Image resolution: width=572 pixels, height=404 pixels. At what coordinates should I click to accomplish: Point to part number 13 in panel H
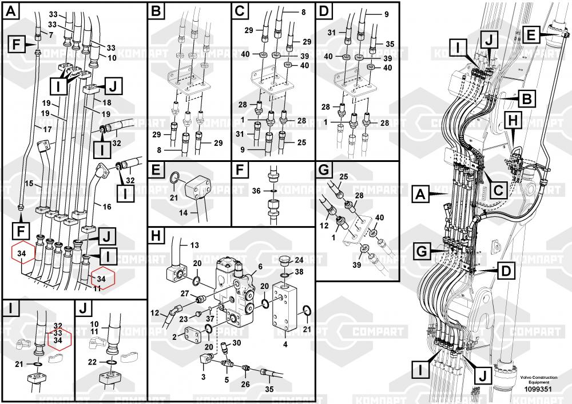coord(194,246)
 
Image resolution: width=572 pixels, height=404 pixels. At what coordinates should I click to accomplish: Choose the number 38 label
coord(300,272)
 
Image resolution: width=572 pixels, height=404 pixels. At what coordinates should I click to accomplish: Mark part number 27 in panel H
coord(185,293)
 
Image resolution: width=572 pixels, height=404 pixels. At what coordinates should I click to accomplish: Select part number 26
coord(245,383)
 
